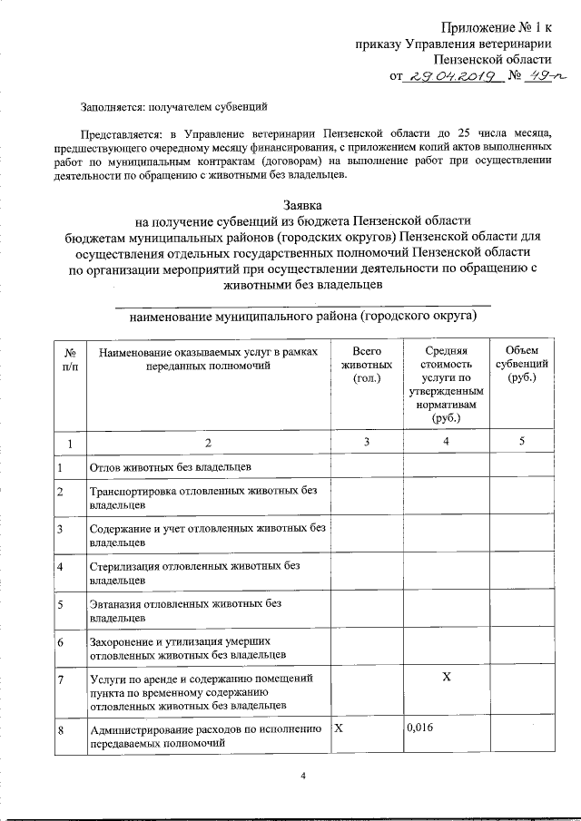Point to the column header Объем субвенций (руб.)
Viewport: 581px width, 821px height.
(523, 364)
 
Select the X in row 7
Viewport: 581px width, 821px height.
(445, 678)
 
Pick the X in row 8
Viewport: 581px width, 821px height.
(339, 729)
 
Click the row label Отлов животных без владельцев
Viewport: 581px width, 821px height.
(170, 467)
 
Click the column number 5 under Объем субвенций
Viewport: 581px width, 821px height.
(522, 442)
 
